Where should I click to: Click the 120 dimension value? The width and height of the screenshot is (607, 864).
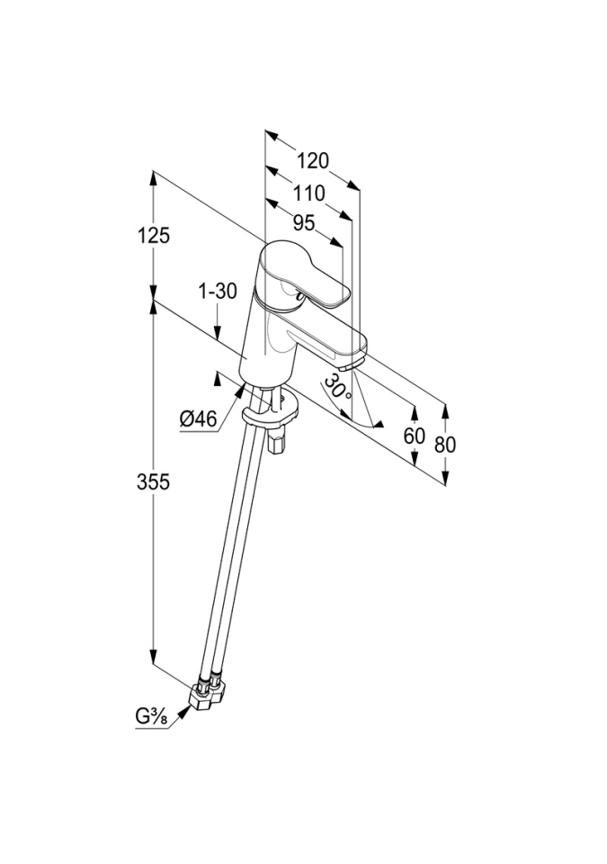click(312, 161)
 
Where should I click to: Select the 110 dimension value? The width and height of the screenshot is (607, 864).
click(308, 193)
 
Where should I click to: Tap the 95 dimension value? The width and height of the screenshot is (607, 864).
click(303, 223)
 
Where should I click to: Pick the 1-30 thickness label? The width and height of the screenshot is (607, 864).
click(217, 291)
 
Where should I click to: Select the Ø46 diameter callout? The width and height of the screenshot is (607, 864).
click(199, 418)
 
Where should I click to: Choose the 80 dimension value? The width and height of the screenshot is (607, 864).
click(445, 444)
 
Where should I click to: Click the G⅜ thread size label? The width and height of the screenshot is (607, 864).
click(154, 717)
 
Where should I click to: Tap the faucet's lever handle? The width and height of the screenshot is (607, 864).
click(310, 274)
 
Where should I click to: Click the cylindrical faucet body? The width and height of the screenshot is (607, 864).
click(269, 346)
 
